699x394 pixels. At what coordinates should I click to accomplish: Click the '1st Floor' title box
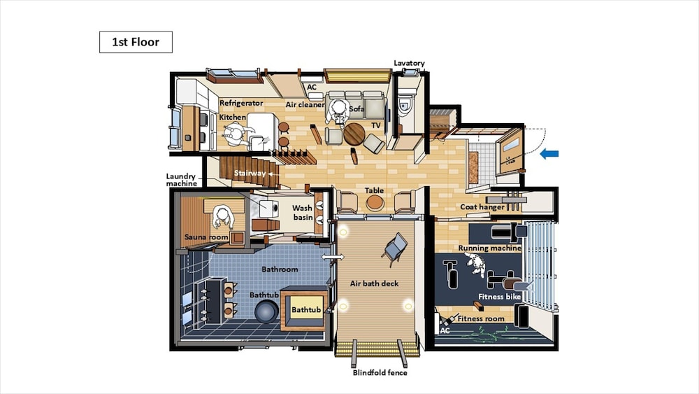click(136, 42)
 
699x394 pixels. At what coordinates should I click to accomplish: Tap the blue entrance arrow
click(549, 154)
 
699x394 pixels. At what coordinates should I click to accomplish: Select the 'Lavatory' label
click(409, 64)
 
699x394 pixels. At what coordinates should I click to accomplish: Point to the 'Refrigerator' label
click(241, 103)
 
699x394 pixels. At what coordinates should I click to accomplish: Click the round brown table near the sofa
click(354, 134)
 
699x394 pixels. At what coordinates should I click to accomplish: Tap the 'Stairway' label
click(250, 173)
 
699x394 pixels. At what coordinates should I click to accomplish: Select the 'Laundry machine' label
click(182, 180)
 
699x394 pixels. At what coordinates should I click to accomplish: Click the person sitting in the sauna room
click(222, 216)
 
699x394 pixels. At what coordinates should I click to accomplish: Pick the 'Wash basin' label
click(302, 212)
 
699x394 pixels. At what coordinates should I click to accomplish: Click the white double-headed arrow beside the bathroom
click(333, 257)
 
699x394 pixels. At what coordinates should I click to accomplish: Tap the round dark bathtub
click(266, 311)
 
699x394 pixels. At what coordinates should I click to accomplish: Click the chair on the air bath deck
click(394, 248)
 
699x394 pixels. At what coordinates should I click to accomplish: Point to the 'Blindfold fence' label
click(380, 372)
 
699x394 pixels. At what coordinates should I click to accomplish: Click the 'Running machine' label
click(489, 248)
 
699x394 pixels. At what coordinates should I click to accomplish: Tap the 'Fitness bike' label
click(499, 297)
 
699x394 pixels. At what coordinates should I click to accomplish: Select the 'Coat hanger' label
click(482, 207)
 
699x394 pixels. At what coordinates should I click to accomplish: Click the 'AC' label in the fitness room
click(445, 330)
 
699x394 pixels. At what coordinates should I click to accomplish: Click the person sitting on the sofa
click(338, 111)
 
